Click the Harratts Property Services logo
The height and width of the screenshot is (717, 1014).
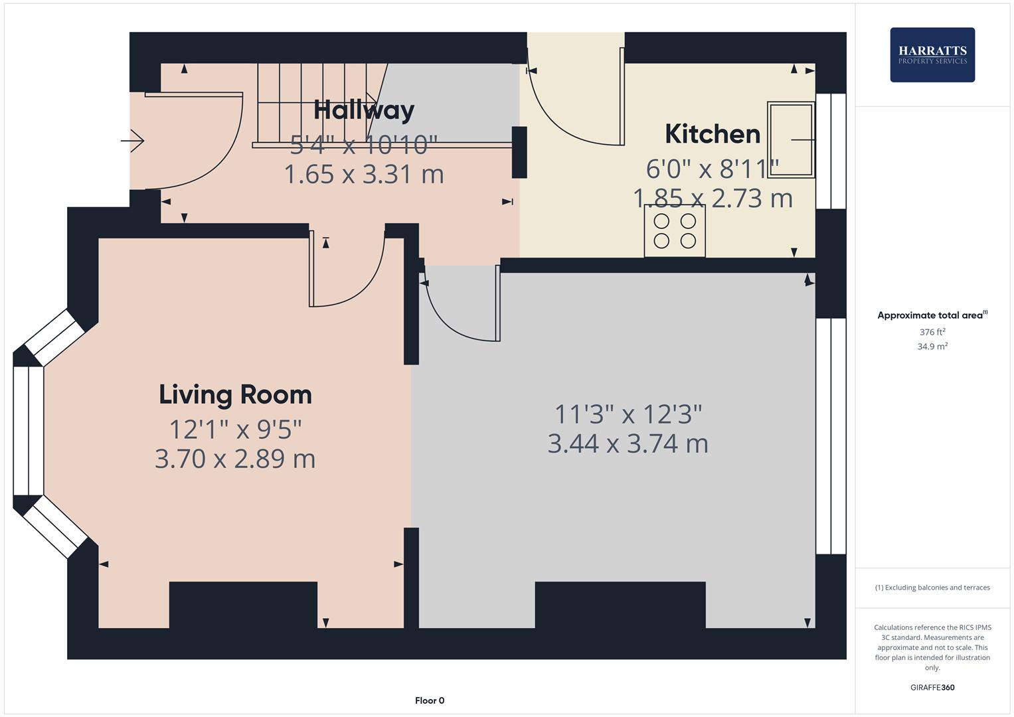click(932, 54)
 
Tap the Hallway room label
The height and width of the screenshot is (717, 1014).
click(364, 110)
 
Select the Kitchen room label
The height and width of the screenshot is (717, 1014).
click(713, 134)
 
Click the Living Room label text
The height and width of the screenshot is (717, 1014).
click(235, 395)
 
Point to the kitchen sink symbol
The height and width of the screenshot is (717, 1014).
click(791, 140)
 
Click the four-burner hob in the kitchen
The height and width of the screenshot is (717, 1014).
click(675, 230)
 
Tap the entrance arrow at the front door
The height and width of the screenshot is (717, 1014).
click(133, 141)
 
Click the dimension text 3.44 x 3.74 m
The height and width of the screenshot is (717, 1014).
click(628, 443)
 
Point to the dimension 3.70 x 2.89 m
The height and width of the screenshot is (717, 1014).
click(235, 459)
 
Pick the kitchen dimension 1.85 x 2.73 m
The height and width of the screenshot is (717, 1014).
click(713, 199)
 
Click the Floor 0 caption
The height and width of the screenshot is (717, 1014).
click(430, 700)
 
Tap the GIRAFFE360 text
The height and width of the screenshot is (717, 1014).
click(932, 687)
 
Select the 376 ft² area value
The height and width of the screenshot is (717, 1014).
click(932, 332)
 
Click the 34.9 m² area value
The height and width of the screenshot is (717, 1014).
click(932, 347)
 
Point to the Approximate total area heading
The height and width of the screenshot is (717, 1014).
click(932, 315)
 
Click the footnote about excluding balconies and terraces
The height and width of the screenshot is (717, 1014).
click(932, 588)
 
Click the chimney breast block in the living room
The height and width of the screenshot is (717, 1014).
click(243, 604)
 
